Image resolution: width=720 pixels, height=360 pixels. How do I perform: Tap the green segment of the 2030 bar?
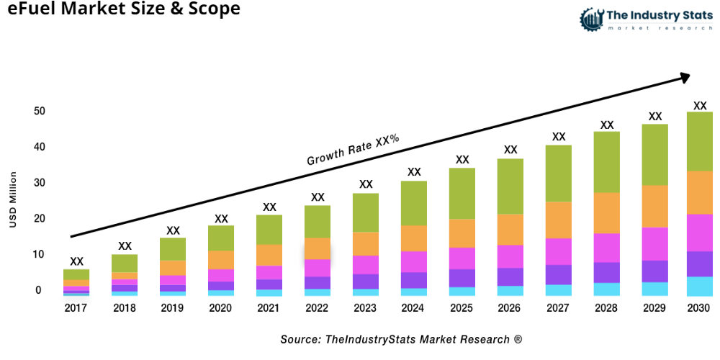point(699,141)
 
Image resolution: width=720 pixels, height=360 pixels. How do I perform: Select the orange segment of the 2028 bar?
point(607,212)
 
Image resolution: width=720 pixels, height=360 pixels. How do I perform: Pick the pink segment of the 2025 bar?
point(462,258)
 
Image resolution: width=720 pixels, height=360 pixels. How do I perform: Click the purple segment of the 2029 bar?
point(654,271)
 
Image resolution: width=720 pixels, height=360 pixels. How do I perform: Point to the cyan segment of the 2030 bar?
point(699,286)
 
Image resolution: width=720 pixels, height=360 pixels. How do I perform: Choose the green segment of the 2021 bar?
point(269,230)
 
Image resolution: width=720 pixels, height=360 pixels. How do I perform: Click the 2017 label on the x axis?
point(76,308)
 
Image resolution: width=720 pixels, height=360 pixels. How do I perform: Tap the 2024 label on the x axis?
point(414,308)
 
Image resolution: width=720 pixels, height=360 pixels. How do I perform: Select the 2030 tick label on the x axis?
point(699,308)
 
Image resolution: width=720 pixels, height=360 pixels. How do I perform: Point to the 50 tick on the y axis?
point(39,112)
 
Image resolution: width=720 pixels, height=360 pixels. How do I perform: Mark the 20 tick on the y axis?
point(39,219)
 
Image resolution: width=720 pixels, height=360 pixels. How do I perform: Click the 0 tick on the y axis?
point(39,290)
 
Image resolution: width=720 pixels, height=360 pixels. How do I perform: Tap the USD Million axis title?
point(13,200)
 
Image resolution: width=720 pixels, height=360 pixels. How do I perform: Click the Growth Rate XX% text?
point(353,150)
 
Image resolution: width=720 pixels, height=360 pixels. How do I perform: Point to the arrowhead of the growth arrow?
point(685,76)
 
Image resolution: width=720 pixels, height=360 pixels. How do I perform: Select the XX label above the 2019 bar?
point(173,230)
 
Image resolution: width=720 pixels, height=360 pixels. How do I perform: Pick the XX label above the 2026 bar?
point(510,150)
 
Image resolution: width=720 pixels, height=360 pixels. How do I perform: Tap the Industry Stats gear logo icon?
point(590,18)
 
